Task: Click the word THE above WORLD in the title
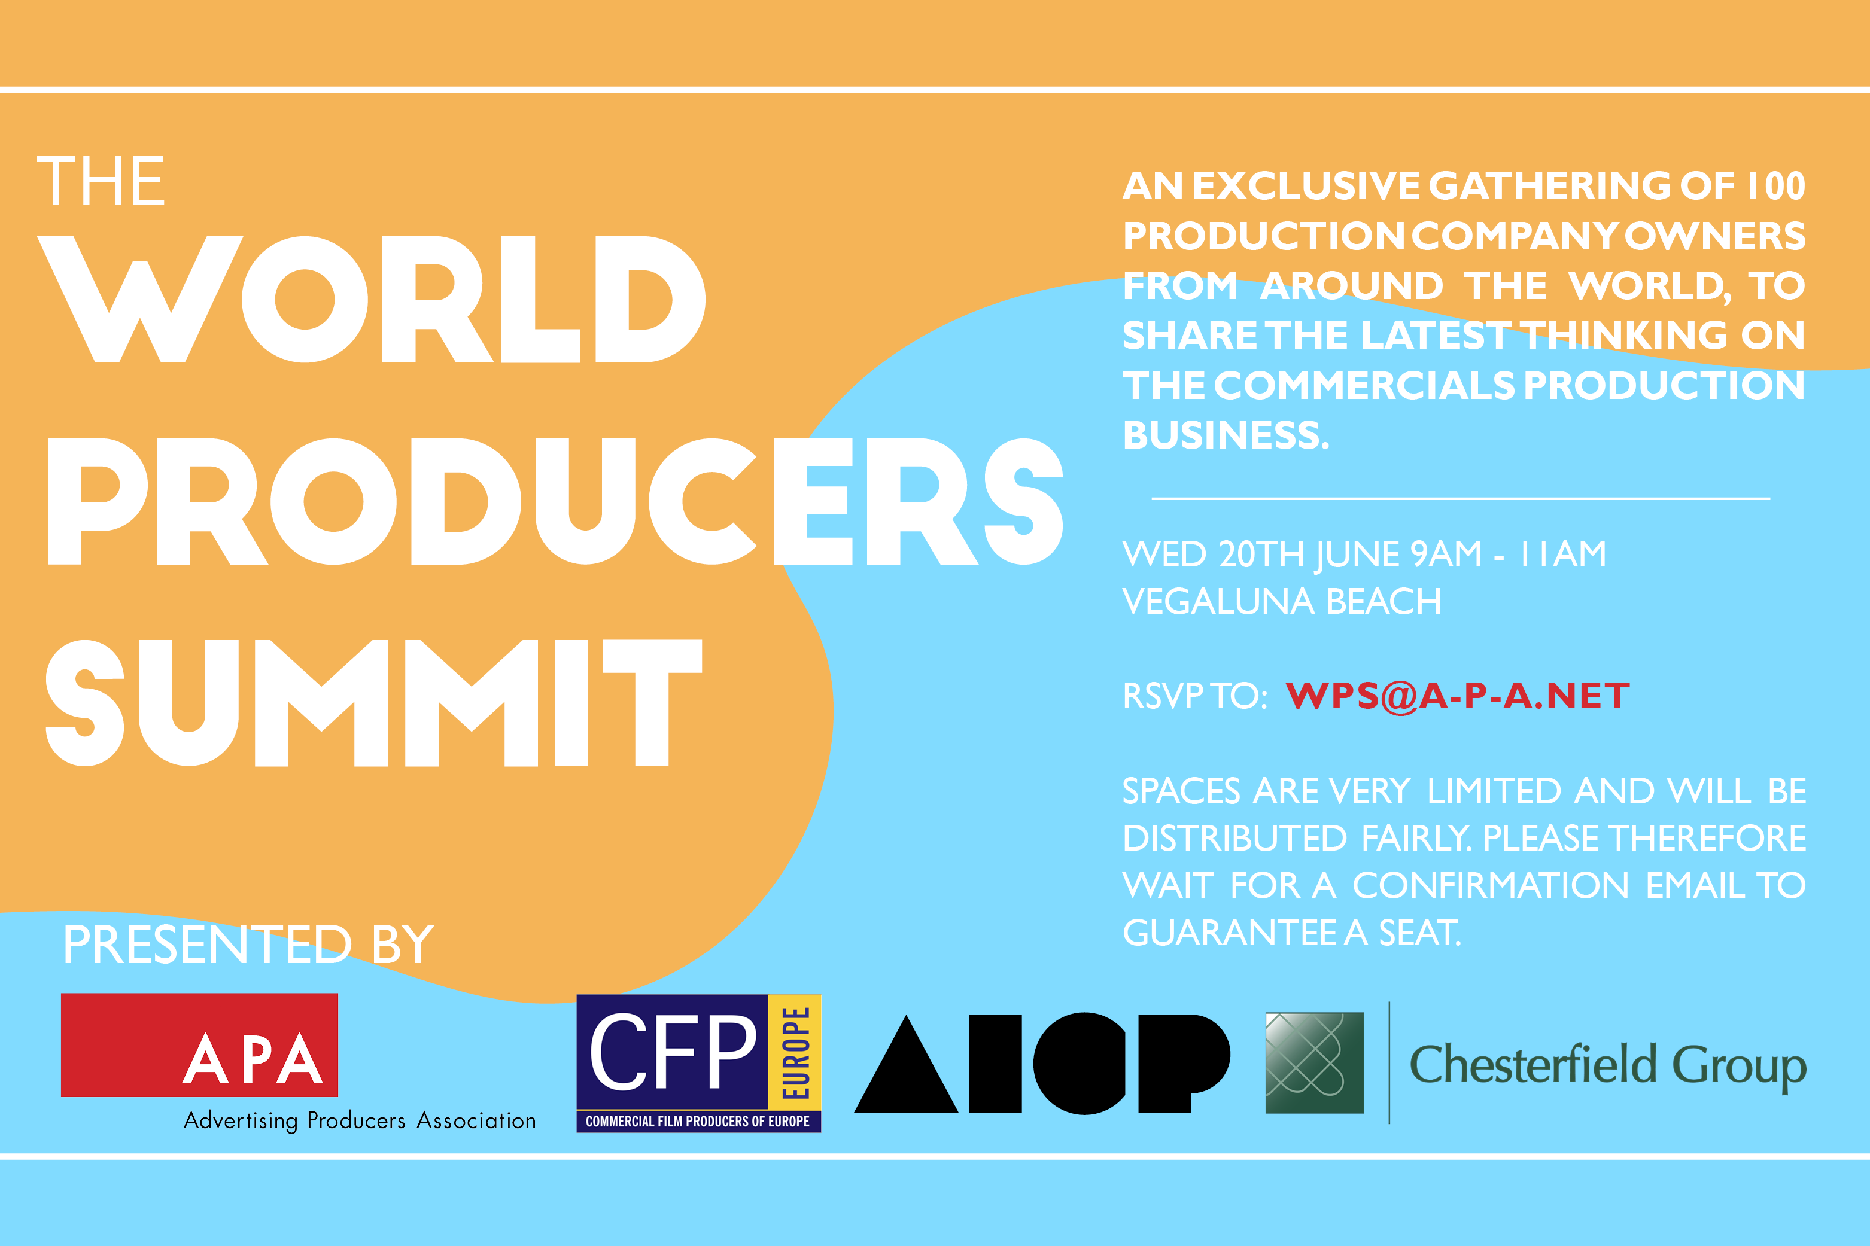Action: pos(101,181)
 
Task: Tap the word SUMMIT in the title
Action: pos(373,702)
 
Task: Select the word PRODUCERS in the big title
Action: pos(555,501)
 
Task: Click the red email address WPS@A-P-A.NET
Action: pos(1458,696)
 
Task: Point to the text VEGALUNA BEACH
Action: pos(1282,602)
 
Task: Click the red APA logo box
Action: pos(199,1045)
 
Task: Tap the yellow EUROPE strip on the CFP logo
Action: pos(795,1052)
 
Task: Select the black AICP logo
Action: pos(1042,1063)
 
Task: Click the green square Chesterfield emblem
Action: pos(1315,1062)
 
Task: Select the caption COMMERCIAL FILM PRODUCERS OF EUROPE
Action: pos(698,1121)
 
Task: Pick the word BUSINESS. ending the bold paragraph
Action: pos(1226,435)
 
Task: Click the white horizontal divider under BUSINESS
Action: pos(1461,498)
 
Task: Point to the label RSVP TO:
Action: pos(1194,696)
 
